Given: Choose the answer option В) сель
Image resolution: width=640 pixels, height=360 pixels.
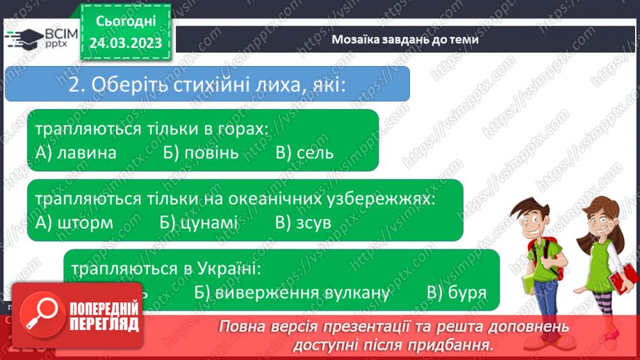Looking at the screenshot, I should point(304,153).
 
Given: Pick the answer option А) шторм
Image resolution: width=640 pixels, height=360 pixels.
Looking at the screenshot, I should point(74,222).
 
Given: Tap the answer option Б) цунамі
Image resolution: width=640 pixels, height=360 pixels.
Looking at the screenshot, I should point(199,222).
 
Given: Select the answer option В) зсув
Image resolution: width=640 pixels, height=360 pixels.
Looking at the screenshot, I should point(303,222).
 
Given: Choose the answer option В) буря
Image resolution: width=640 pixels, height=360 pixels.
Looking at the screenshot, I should point(457,293).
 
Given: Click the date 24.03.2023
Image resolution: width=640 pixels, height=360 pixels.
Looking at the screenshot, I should point(125,43).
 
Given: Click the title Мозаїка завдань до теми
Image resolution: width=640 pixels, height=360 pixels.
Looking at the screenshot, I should point(405,40).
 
